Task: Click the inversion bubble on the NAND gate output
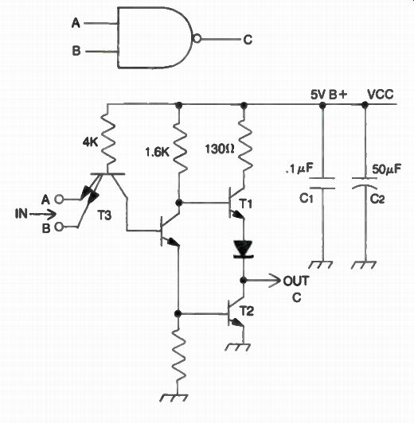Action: [x=197, y=39]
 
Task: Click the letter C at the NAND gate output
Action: [x=248, y=40]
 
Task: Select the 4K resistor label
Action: [x=91, y=142]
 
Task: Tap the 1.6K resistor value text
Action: [x=157, y=153]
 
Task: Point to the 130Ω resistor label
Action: [x=219, y=149]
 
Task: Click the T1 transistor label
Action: [x=246, y=204]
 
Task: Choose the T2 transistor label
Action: [x=247, y=312]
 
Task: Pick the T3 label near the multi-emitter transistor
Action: [x=104, y=215]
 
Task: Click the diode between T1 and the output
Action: [x=243, y=250]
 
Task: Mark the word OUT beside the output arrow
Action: [x=296, y=281]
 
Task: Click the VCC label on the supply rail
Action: [x=381, y=95]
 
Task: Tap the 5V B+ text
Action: [x=329, y=95]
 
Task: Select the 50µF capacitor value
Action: [x=386, y=169]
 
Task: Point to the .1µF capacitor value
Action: [x=299, y=169]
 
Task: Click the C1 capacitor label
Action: [x=307, y=199]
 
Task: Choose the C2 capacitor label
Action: [x=377, y=199]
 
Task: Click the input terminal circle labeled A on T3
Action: [x=59, y=200]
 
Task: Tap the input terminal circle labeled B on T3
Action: [x=59, y=227]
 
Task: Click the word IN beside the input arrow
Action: [x=21, y=214]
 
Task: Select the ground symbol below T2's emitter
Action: [x=238, y=347]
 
